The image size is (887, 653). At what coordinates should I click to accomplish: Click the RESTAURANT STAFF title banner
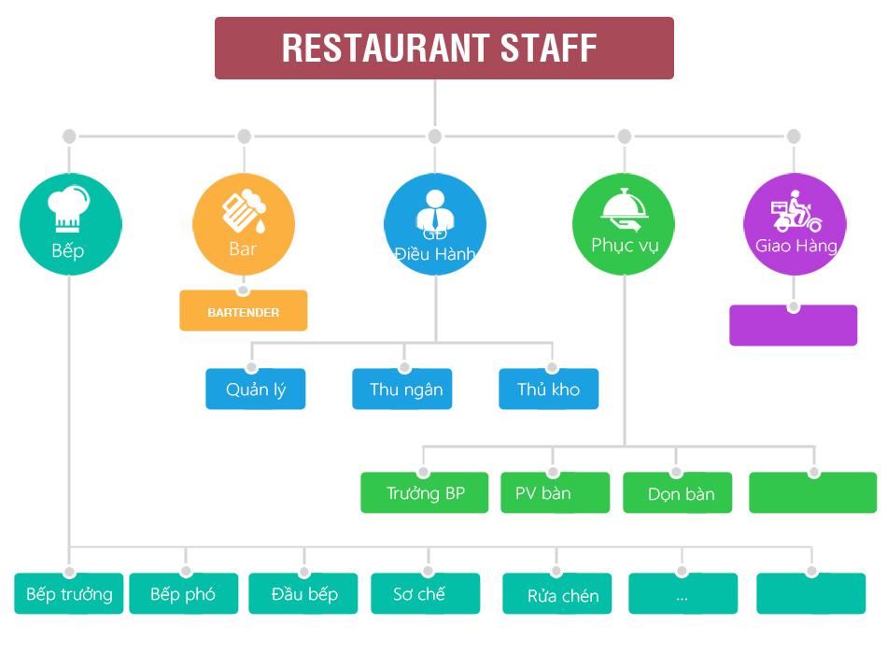pyautogui.click(x=443, y=48)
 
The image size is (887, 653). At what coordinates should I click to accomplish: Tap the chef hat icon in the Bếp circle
pyautogui.click(x=71, y=206)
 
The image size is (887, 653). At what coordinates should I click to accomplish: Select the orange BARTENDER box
pyautogui.click(x=243, y=312)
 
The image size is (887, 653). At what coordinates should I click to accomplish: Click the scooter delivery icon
pyautogui.click(x=795, y=214)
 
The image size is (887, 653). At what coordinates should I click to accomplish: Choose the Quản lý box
pyautogui.click(x=255, y=390)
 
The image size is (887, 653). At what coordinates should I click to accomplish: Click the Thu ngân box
pyautogui.click(x=402, y=390)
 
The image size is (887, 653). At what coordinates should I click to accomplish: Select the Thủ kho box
pyautogui.click(x=548, y=390)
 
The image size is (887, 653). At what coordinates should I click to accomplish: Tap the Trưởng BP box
pyautogui.click(x=424, y=493)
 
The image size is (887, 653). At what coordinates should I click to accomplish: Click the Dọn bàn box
pyautogui.click(x=677, y=493)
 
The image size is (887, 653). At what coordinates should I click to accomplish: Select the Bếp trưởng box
pyautogui.click(x=69, y=594)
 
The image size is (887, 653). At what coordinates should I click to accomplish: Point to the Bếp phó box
pyautogui.click(x=183, y=594)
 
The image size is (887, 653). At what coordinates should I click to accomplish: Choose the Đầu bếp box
pyautogui.click(x=303, y=594)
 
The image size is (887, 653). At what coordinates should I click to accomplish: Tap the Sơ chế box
pyautogui.click(x=425, y=594)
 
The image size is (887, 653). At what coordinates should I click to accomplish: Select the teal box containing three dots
pyautogui.click(x=683, y=594)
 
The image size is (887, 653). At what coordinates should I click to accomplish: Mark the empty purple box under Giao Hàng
pyautogui.click(x=793, y=326)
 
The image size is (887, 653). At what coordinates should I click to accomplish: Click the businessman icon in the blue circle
pyautogui.click(x=435, y=211)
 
